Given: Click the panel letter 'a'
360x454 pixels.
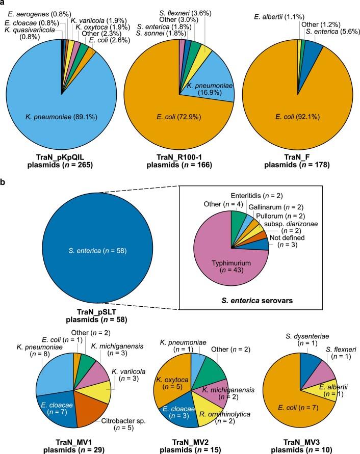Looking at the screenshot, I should pyautogui.click(x=4, y=4).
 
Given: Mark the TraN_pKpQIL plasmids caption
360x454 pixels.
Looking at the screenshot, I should pyautogui.click(x=62, y=157).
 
